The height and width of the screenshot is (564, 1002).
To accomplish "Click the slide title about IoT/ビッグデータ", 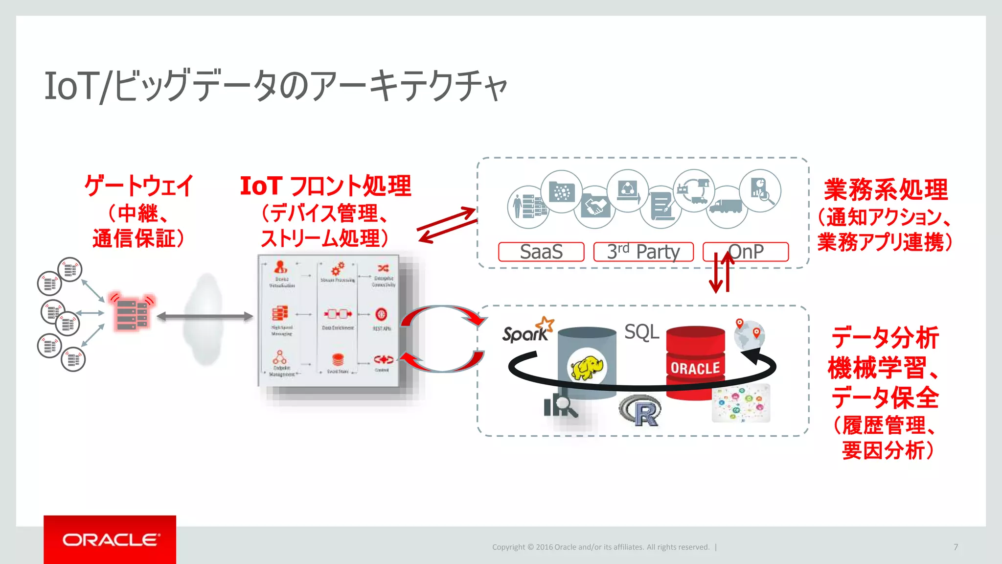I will pos(275,86).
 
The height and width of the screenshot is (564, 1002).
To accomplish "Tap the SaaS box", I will pos(541,252).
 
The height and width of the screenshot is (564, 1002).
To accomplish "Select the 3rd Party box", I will pos(643,252).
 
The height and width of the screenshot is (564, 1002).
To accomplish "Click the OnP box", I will pos(746,252).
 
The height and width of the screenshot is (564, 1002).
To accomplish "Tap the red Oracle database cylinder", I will pos(695,362).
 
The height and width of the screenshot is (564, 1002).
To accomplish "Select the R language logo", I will pos(640,411).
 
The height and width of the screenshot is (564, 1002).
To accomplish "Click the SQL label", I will pos(641,332).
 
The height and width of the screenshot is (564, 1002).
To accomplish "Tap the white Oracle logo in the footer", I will pos(110,540).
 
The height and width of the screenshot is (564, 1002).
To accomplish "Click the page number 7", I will pos(956,547).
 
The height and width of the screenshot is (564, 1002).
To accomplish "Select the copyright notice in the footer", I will pos(600,547).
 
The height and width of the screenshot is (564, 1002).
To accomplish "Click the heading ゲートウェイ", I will pos(139,186).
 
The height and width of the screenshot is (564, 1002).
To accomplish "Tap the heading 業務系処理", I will pos(886,190).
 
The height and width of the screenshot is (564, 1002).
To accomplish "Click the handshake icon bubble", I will pos(594,208).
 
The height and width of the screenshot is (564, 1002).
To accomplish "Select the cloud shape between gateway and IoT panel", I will pos(206,318).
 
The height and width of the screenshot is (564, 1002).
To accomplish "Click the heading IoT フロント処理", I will pos(325,186).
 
